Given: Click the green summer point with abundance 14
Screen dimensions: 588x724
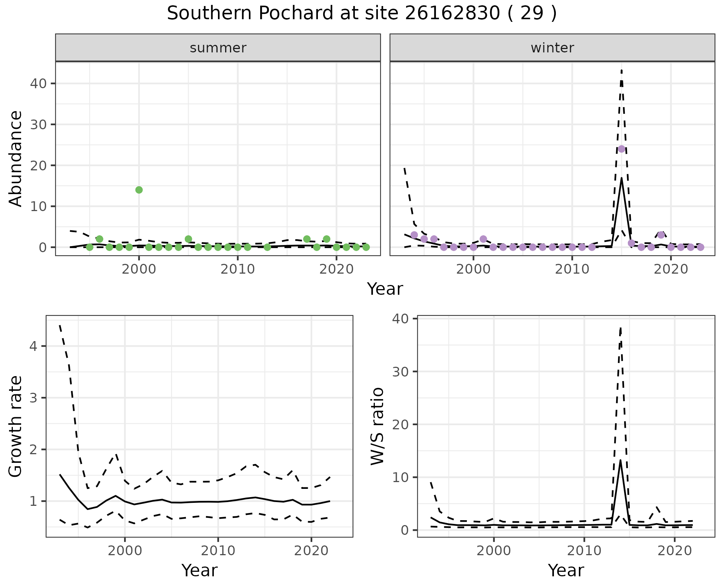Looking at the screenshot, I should tap(139, 190).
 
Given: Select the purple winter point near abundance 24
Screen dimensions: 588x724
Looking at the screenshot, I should tap(621, 149).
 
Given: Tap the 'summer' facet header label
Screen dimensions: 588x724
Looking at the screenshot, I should tap(218, 48).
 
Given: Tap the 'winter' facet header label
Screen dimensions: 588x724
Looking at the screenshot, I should tap(552, 48).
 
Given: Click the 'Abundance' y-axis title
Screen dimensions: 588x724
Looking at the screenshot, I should tap(15, 158).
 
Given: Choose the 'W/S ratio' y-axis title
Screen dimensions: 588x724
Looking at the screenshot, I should tap(377, 426).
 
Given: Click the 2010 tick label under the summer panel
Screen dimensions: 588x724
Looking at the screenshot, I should tap(238, 269).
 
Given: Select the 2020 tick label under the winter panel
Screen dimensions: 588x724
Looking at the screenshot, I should tap(670, 269).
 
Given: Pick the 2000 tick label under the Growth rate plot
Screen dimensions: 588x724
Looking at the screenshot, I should tap(125, 551).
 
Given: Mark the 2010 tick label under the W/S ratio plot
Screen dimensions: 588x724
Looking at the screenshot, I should tap(584, 551).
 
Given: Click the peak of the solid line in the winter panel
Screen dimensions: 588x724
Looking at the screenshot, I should tap(621, 178).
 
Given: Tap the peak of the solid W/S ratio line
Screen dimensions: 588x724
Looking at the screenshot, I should tap(620, 460).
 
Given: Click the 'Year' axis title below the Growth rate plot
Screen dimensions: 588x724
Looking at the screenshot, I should tap(199, 570).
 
